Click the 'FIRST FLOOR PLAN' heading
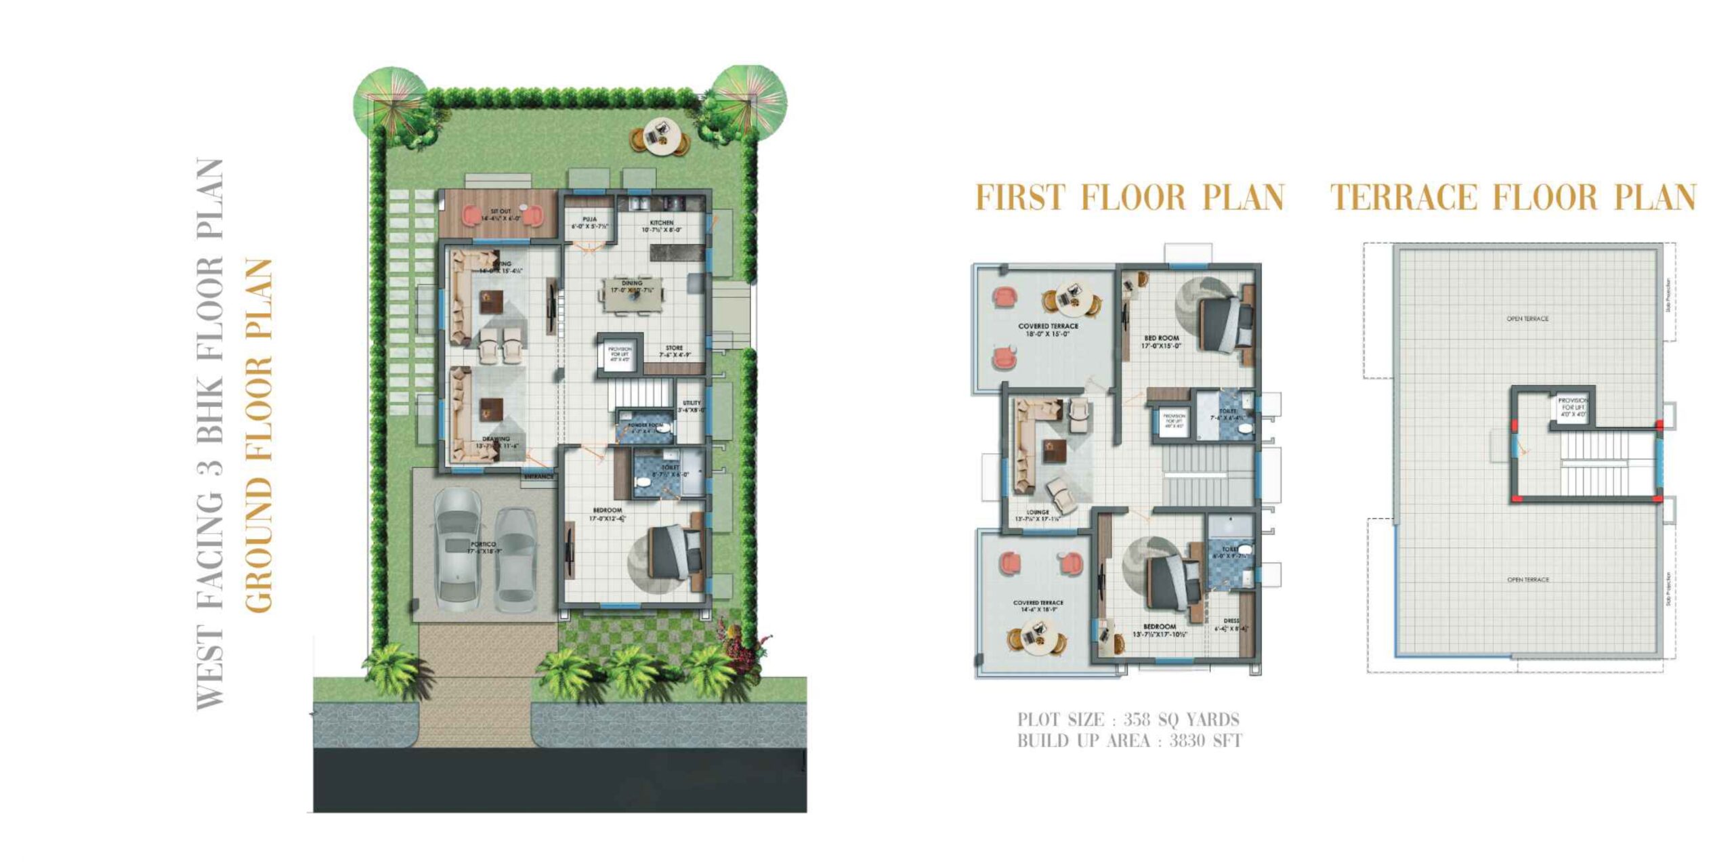click(1129, 197)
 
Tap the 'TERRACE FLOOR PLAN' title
click(1513, 197)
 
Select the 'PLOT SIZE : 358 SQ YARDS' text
click(1128, 719)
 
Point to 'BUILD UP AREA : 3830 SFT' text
click(1129, 741)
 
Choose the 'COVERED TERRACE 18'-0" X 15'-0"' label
click(1048, 330)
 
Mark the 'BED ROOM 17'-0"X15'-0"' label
click(1162, 341)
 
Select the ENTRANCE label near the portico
click(538, 477)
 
